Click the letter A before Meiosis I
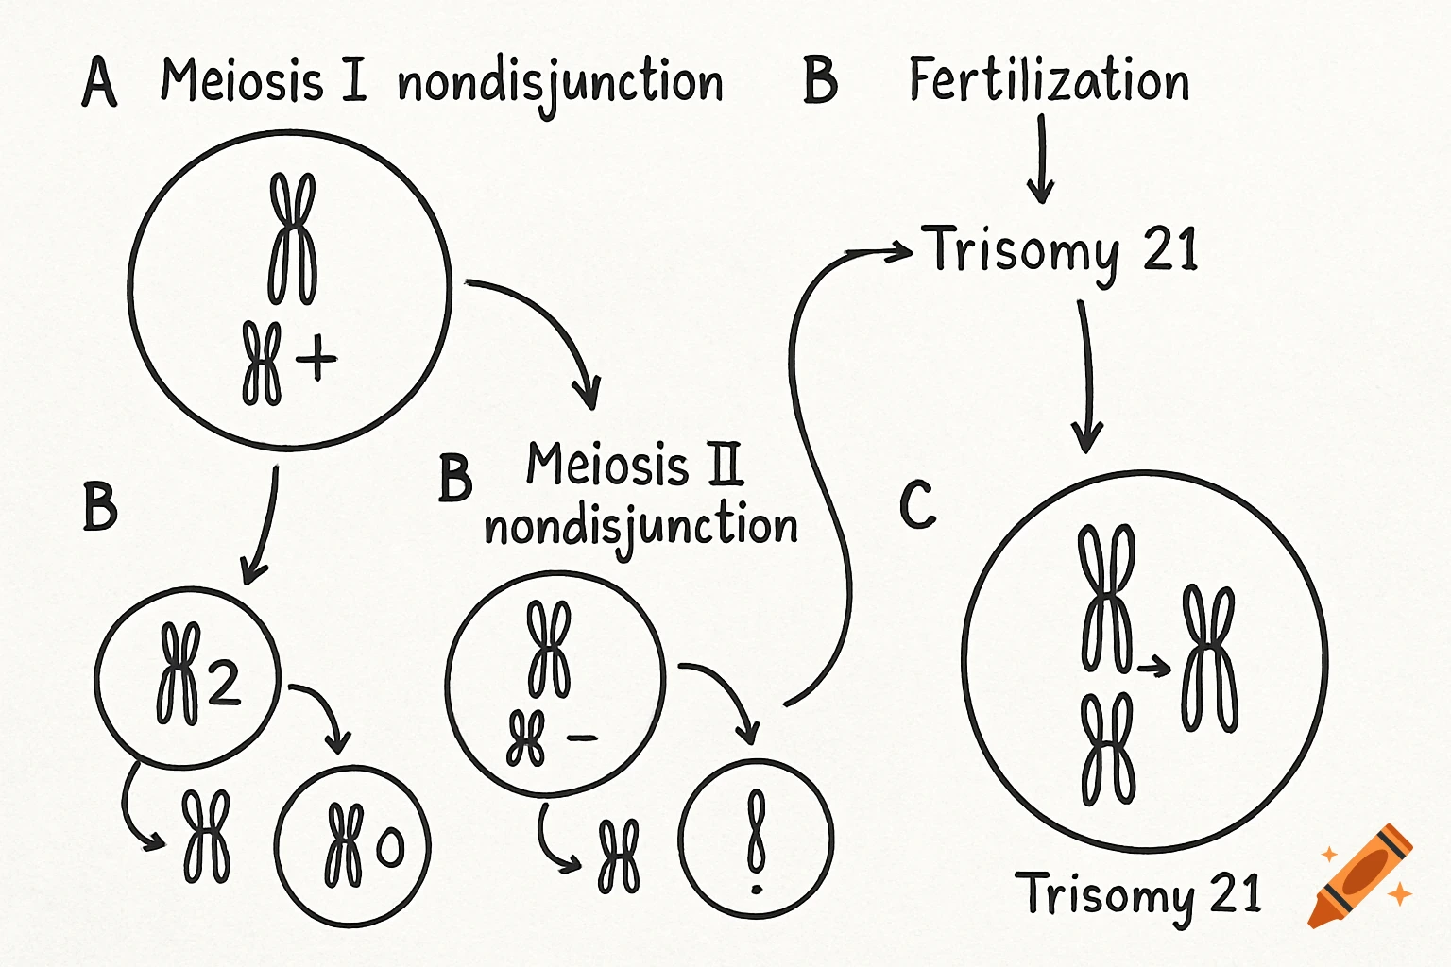click(x=99, y=82)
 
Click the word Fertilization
click(x=1049, y=80)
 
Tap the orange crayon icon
click(x=1360, y=876)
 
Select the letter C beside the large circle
click(x=917, y=504)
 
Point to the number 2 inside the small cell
click(x=223, y=682)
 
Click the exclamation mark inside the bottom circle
click(x=756, y=842)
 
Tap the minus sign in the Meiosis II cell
click(x=582, y=738)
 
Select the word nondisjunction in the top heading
click(x=559, y=83)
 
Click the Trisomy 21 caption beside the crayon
click(x=1138, y=893)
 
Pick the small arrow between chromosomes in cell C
click(x=1153, y=669)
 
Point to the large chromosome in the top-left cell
click(x=293, y=238)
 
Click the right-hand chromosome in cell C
click(x=1209, y=658)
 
